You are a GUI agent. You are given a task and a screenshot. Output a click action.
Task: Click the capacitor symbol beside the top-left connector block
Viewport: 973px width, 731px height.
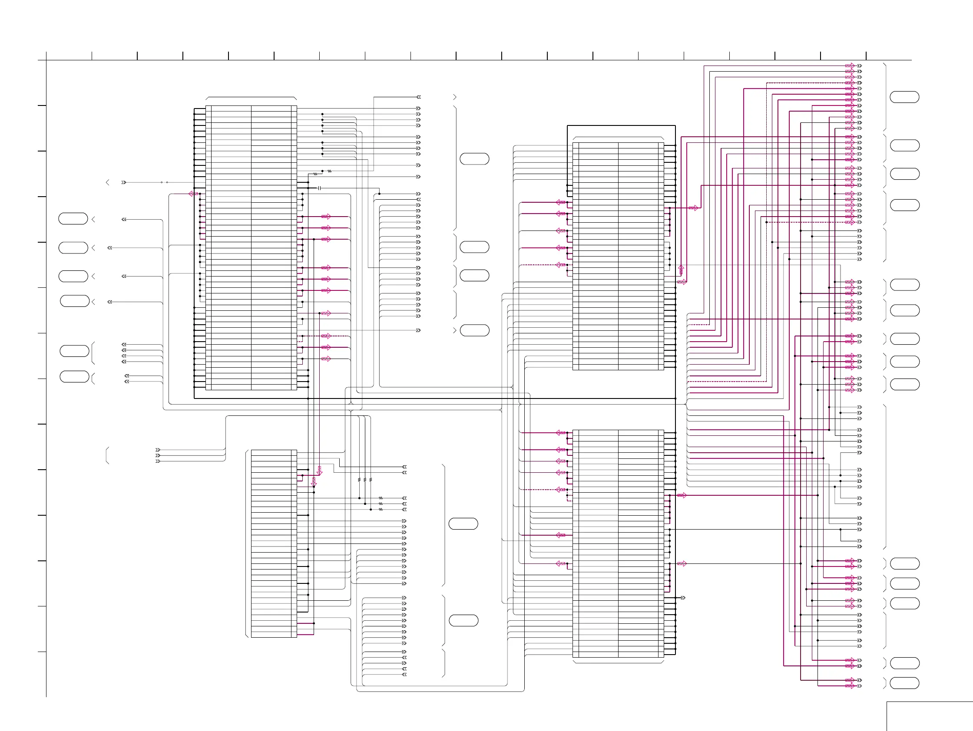[x=319, y=188]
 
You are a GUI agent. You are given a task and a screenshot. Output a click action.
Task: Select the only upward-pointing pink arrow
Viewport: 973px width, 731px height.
[x=681, y=269]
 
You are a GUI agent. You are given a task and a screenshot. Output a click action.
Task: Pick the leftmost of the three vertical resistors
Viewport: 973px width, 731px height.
[x=359, y=480]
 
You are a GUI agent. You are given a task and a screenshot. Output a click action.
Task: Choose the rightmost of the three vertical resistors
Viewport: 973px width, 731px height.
[x=371, y=480]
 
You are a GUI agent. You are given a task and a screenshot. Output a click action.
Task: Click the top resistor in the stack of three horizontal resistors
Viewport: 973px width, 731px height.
[x=381, y=498]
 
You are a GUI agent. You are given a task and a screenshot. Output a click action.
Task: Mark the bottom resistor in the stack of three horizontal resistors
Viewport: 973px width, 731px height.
[x=381, y=510]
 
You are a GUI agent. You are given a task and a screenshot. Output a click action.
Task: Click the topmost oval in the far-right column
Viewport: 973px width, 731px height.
[x=904, y=97]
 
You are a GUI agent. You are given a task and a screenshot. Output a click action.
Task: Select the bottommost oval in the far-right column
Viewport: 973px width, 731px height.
[x=904, y=683]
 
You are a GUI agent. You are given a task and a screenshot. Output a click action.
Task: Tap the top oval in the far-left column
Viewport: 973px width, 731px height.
[x=73, y=218]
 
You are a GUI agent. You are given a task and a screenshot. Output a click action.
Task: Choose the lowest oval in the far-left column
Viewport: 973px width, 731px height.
[x=74, y=377]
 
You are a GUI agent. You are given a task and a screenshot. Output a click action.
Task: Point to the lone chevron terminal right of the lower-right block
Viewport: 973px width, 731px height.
[x=683, y=598]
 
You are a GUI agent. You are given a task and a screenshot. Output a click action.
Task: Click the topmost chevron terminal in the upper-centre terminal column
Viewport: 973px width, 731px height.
[x=418, y=97]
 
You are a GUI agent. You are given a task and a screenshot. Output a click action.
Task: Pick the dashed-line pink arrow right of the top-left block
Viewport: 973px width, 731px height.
[x=326, y=336]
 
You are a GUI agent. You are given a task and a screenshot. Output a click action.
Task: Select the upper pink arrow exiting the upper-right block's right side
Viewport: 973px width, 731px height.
[x=693, y=208]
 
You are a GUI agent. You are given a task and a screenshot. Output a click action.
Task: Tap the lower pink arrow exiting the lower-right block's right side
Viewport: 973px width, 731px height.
[x=682, y=563]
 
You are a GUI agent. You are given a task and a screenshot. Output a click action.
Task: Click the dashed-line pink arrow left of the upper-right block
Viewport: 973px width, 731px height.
[x=560, y=265]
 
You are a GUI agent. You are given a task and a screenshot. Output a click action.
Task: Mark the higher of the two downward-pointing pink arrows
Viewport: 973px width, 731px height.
[x=319, y=471]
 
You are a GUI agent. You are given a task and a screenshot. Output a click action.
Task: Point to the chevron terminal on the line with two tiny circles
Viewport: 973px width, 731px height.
[x=124, y=182]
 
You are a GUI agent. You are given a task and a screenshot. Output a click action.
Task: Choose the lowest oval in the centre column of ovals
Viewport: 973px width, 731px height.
[x=463, y=621]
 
